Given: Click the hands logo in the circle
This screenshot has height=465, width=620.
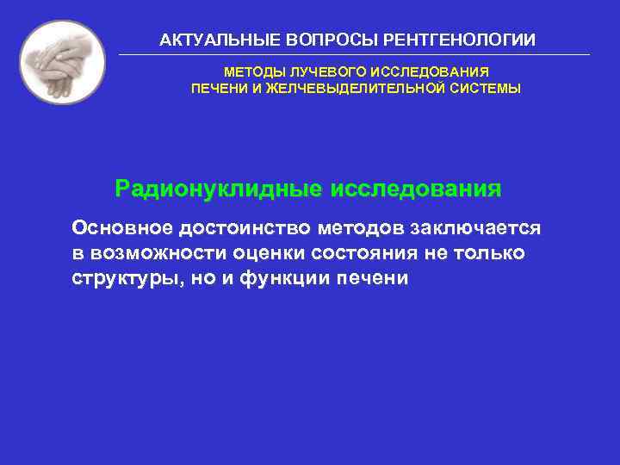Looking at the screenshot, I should click(x=62, y=62).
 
